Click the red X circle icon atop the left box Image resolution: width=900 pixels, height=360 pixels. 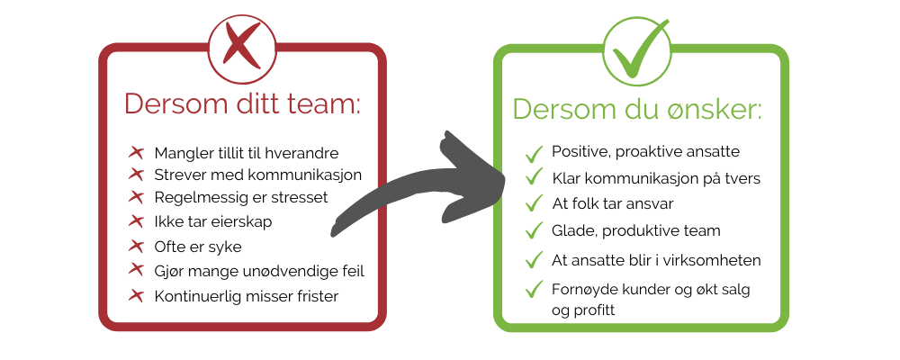click(241, 45)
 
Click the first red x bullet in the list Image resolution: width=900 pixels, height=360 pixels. click(137, 152)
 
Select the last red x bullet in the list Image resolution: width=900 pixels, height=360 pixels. click(137, 294)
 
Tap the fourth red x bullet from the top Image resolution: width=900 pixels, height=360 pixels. click(137, 220)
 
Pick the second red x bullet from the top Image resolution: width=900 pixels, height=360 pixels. click(137, 173)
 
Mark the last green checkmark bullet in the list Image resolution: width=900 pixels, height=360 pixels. click(535, 289)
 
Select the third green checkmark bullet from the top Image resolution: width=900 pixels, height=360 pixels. click(535, 201)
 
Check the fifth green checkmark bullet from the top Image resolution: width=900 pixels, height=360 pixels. click(535, 259)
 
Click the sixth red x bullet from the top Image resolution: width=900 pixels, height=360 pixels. click(137, 268)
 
